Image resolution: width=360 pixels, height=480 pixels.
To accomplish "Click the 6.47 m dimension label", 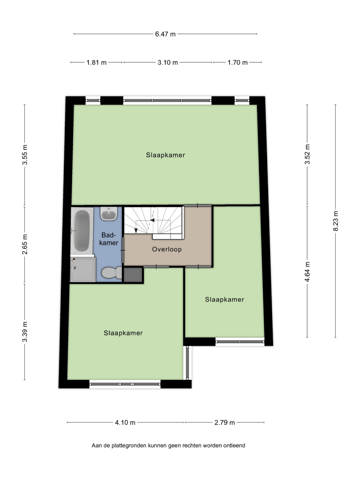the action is tap(165, 34).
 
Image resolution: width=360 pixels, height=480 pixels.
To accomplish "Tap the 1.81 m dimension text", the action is tap(96, 63).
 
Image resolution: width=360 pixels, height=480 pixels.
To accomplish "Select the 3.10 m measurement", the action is tap(168, 63).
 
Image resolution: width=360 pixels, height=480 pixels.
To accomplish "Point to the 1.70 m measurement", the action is tap(237, 63).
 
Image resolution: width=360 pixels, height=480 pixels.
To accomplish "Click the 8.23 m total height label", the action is tap(336, 221).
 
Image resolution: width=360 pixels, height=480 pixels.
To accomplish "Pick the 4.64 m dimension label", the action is tap(307, 271).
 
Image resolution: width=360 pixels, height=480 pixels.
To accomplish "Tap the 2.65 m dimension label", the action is tap(25, 244).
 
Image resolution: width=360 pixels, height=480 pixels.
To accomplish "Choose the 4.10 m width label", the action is tap(125, 423).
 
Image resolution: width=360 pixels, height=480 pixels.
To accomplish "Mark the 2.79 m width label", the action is tap(225, 423).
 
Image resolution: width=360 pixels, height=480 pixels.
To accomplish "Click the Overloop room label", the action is tap(167, 249).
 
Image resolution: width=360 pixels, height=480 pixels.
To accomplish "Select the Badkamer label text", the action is tap(109, 239).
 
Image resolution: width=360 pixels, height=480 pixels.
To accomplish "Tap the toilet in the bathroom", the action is tap(111, 273).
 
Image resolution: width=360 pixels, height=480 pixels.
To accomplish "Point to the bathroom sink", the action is tap(109, 214).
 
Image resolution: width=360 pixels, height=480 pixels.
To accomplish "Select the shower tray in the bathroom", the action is tap(83, 269).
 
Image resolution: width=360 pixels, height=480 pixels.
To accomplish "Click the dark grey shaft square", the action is tap(133, 275).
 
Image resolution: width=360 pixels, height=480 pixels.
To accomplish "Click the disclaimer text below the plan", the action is tap(168, 445).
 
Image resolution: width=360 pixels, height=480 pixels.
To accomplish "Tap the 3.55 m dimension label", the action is tap(25, 154).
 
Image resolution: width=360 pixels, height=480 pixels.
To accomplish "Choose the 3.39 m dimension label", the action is tap(25, 331).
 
